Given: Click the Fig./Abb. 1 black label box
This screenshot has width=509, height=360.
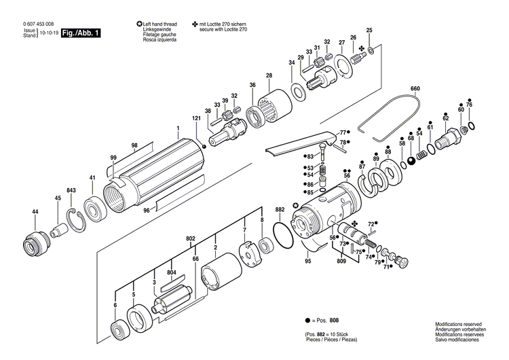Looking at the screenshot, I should pos(80,32).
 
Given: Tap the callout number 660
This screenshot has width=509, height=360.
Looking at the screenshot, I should pos(415,89).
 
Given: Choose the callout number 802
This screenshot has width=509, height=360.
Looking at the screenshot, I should pos(191,238).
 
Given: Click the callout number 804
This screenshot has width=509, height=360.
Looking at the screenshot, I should pos(172,273).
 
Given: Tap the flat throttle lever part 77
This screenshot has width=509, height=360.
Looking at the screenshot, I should pos(299,145).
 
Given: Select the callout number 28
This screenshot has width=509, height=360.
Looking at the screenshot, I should pos(269,75).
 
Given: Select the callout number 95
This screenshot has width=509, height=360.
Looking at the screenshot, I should pos(307,260).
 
